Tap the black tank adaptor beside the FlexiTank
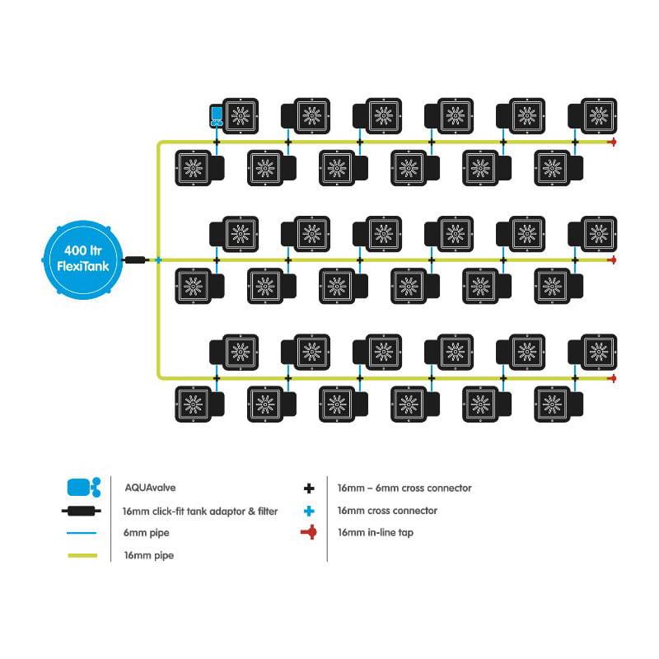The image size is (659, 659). click(134, 260)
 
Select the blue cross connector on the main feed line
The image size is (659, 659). click(157, 260)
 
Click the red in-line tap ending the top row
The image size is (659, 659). click(612, 143)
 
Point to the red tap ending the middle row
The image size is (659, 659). click(612, 260)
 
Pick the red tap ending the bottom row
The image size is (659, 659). click(612, 379)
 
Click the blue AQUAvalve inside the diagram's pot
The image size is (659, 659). click(217, 115)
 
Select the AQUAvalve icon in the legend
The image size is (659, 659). click(82, 488)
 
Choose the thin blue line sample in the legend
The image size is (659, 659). click(82, 534)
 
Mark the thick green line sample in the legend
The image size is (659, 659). click(82, 556)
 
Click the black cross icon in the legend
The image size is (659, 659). click(309, 488)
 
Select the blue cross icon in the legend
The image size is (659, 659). click(309, 511)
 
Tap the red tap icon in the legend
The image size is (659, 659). click(309, 533)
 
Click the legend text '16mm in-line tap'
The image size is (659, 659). click(375, 533)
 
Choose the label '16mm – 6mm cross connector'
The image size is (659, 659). click(404, 488)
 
